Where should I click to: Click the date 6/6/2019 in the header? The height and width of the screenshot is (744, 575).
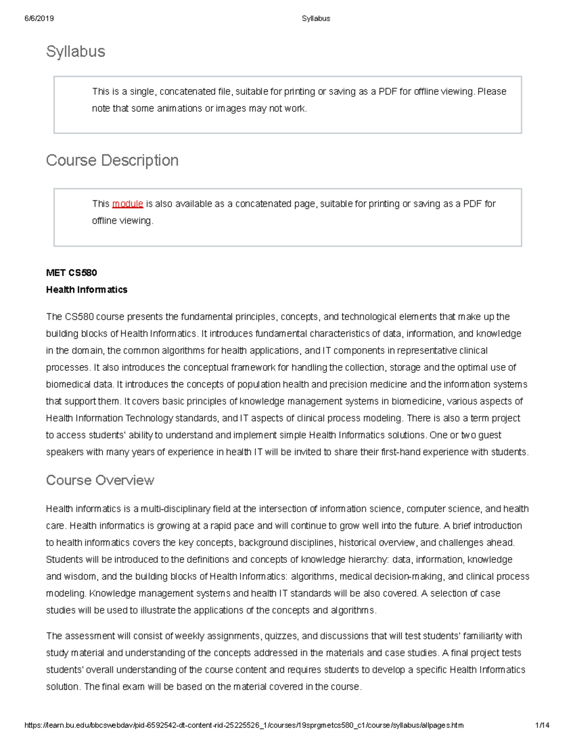(x=39, y=19)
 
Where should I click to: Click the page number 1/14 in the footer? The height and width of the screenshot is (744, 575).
(x=542, y=725)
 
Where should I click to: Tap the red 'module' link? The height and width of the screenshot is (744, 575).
(x=127, y=204)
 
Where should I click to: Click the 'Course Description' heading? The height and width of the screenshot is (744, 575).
(x=112, y=160)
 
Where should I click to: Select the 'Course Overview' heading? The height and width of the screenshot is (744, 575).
(x=100, y=480)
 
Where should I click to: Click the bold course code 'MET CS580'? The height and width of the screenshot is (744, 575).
(x=71, y=273)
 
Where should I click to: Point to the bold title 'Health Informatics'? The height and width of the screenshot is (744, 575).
(x=87, y=290)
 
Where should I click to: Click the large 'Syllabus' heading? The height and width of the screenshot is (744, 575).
(x=75, y=52)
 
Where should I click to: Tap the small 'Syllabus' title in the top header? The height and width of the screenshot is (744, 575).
(x=316, y=19)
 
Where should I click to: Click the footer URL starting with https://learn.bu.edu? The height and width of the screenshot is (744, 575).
(x=244, y=725)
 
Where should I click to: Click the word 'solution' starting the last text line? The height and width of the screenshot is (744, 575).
(x=63, y=687)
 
